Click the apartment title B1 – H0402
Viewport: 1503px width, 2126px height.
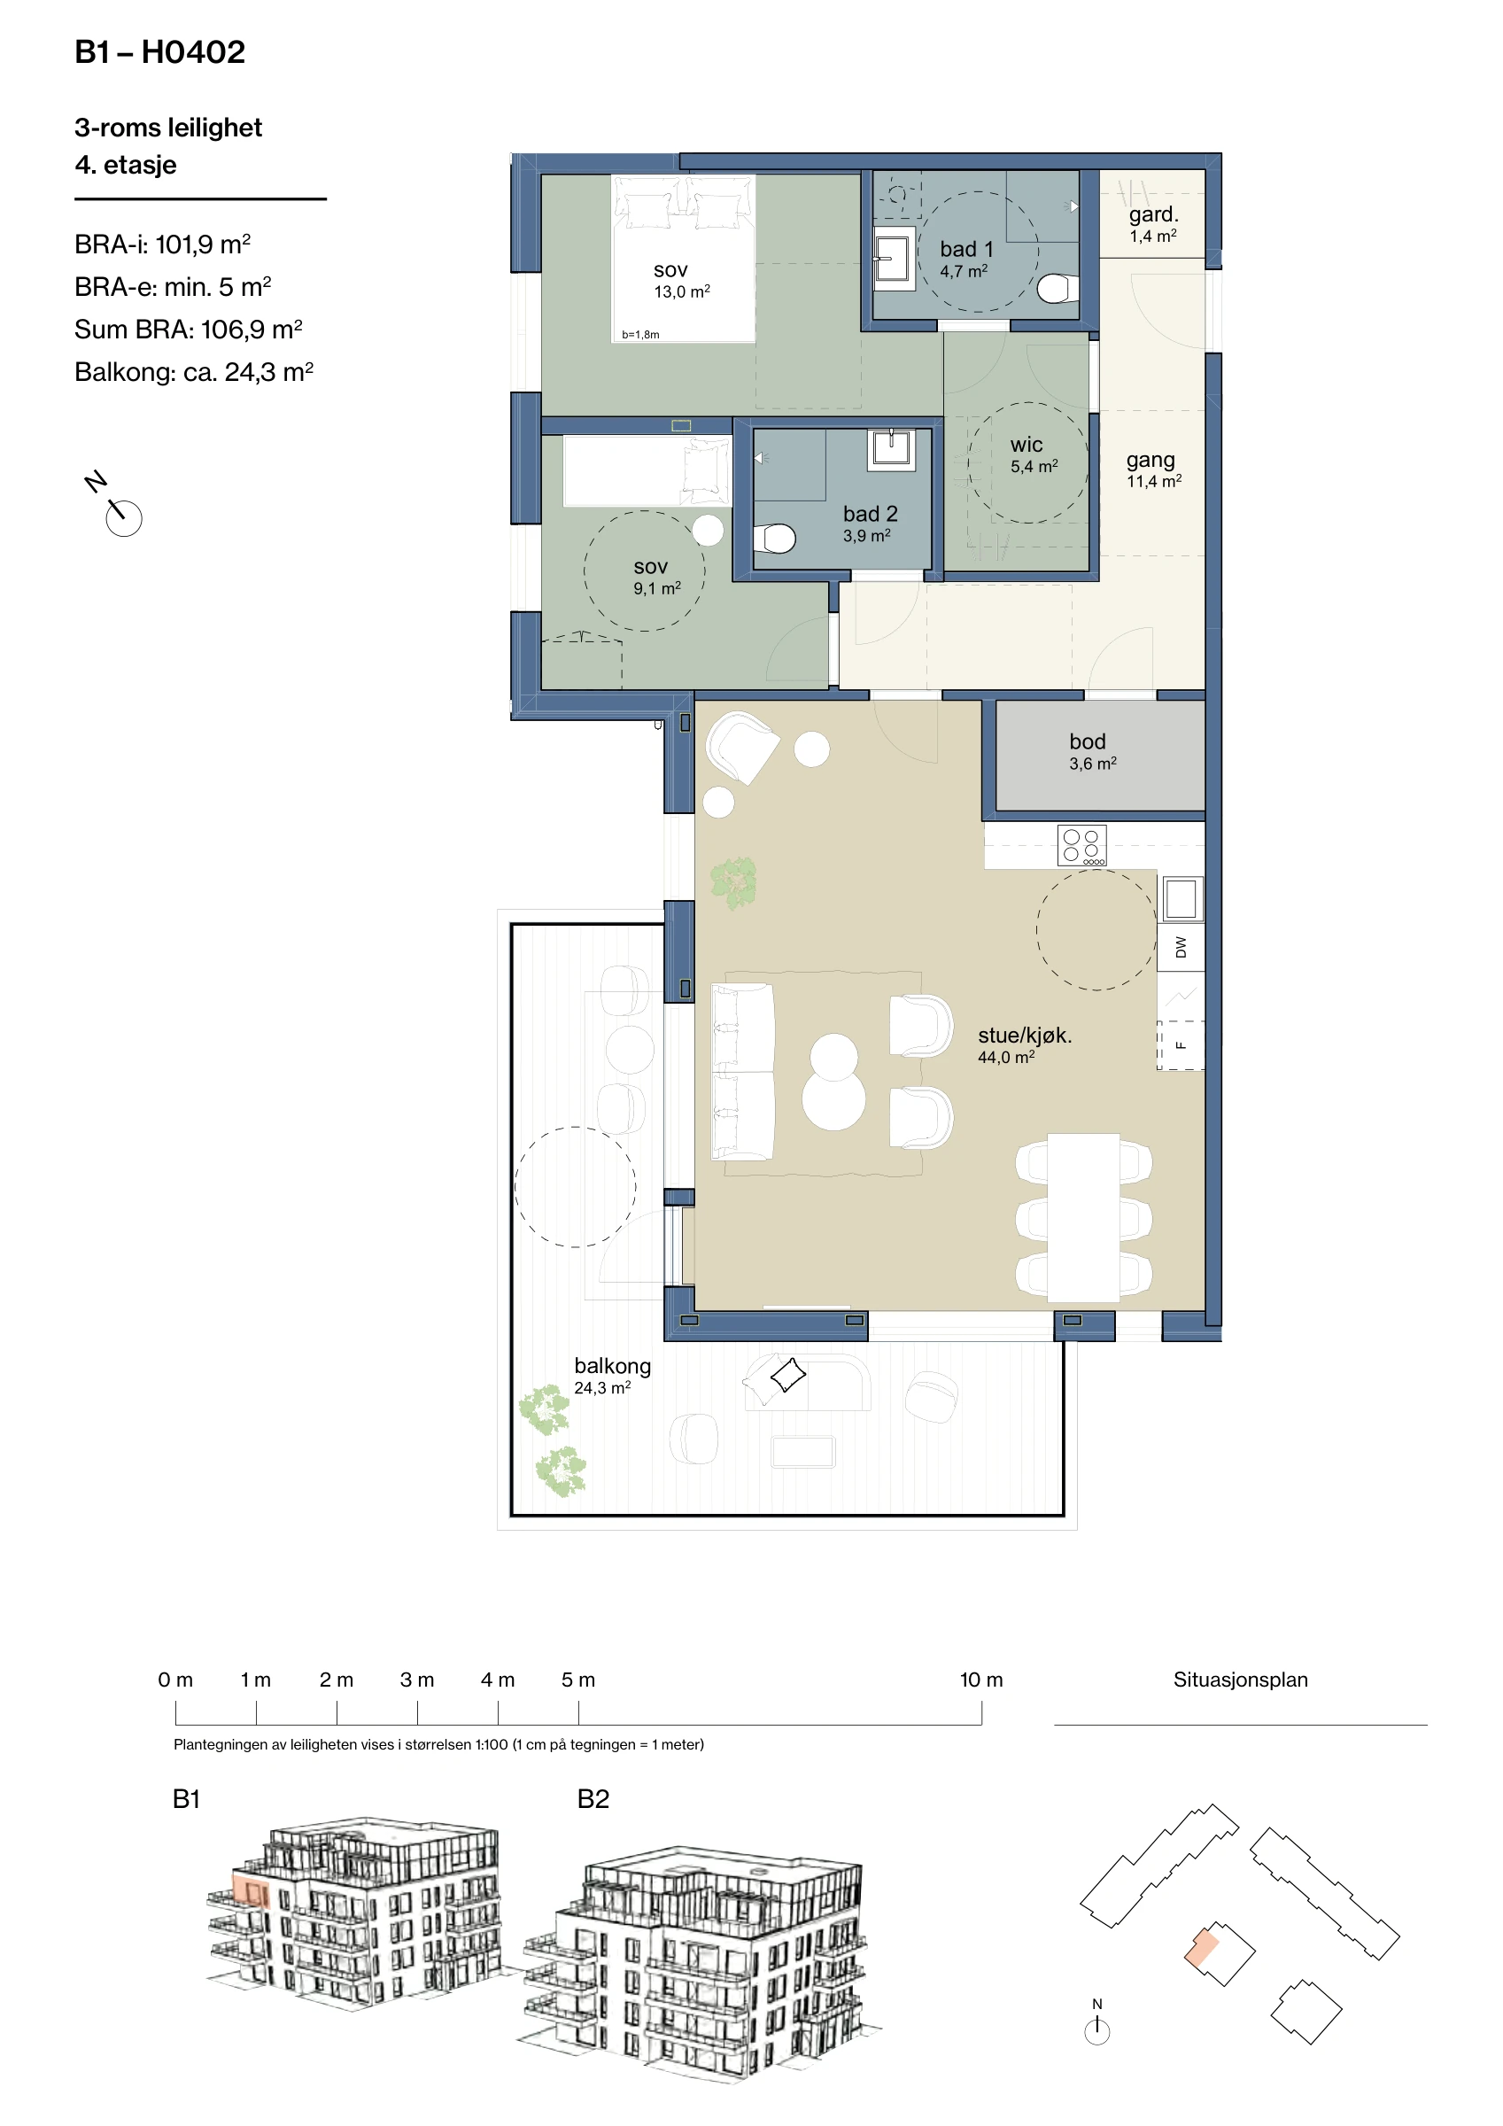pyautogui.click(x=160, y=52)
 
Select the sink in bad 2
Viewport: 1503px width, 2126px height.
pyautogui.click(x=891, y=449)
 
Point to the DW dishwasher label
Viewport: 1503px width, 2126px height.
pyautogui.click(x=1181, y=947)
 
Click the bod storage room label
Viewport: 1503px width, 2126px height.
pyautogui.click(x=1088, y=741)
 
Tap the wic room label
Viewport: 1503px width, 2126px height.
pyautogui.click(x=1027, y=446)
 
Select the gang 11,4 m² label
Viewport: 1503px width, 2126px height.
pyautogui.click(x=1153, y=469)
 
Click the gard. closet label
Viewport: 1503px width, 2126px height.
pyautogui.click(x=1153, y=215)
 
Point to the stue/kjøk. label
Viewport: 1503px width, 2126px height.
pyautogui.click(x=1024, y=1036)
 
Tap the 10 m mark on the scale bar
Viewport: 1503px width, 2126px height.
pyautogui.click(x=980, y=1680)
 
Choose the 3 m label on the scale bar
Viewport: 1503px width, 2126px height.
pyautogui.click(x=417, y=1680)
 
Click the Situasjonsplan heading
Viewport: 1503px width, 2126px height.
pyautogui.click(x=1240, y=1680)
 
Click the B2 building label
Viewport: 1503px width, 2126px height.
pyautogui.click(x=593, y=1799)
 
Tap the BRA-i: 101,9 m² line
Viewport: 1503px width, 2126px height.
pyautogui.click(x=162, y=244)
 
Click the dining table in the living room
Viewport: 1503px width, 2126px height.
pyautogui.click(x=1083, y=1217)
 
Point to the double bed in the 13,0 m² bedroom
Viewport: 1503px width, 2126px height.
pyautogui.click(x=683, y=259)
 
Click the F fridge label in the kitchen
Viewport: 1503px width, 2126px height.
pyautogui.click(x=1181, y=1045)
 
